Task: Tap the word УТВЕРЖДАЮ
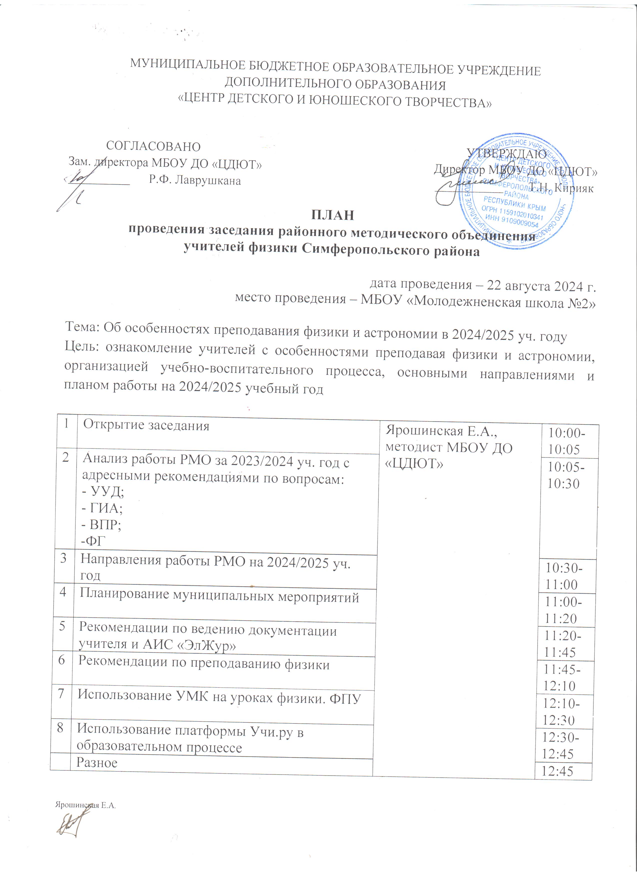[507, 154]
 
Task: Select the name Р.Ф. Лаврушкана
[195, 180]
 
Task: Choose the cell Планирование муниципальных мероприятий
[219, 597]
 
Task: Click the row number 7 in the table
[61, 694]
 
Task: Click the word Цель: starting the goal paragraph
[82, 347]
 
